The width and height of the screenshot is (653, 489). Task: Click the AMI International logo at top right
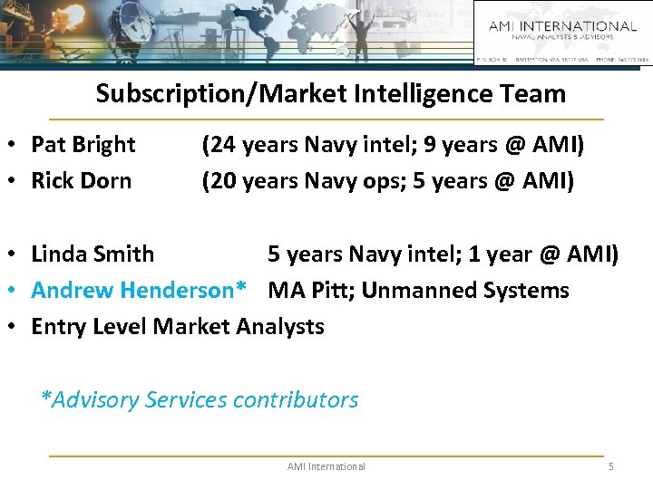(x=562, y=31)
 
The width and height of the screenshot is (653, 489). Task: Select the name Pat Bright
(x=83, y=145)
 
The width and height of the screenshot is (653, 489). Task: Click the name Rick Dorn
(x=81, y=180)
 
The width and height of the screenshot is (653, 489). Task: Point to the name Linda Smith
(x=93, y=254)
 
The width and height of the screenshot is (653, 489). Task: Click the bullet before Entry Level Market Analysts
(x=18, y=327)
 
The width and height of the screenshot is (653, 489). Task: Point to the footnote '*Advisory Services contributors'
(x=200, y=399)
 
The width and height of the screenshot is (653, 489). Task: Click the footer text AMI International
(x=326, y=466)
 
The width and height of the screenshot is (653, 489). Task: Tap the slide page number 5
(x=610, y=466)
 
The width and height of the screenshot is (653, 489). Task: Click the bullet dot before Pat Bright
(x=18, y=146)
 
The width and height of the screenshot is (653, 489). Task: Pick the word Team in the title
(x=535, y=93)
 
